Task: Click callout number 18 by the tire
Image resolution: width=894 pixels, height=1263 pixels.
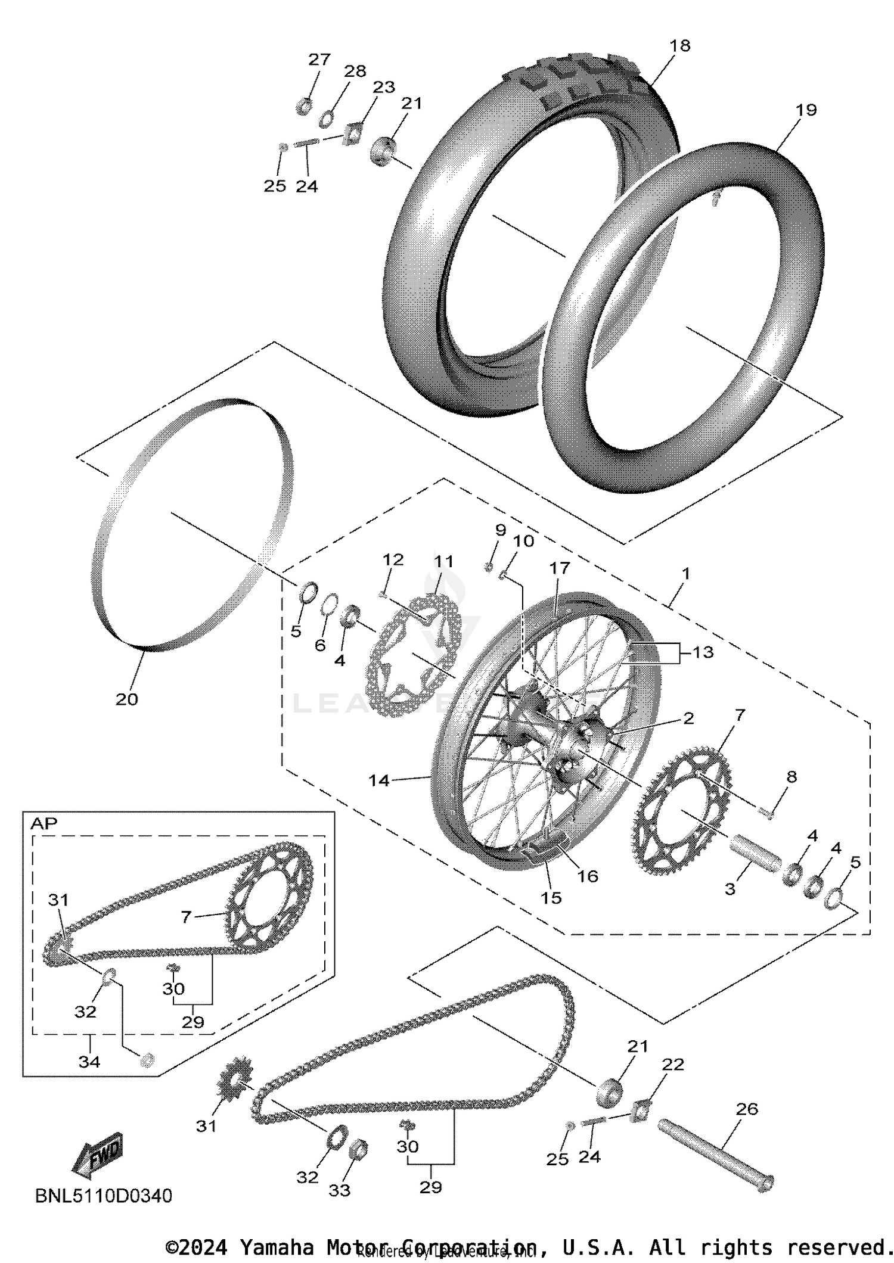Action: pos(679,46)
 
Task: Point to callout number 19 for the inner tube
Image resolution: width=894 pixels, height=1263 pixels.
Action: pos(805,110)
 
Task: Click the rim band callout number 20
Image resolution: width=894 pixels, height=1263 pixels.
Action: pos(126,699)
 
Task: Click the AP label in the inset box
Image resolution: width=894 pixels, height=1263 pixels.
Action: pos(44,823)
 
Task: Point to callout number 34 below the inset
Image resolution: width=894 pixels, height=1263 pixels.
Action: pos(89,1062)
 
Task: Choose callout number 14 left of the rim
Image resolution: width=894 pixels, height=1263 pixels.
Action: pos(379,780)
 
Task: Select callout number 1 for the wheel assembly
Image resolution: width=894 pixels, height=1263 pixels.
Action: pos(685,574)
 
